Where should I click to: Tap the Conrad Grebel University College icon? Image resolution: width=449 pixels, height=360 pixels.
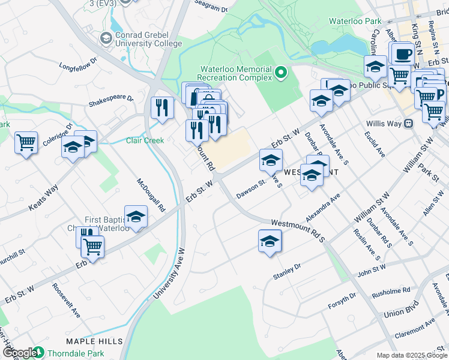(x=107, y=38)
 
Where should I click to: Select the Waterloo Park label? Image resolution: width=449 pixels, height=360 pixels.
(x=355, y=21)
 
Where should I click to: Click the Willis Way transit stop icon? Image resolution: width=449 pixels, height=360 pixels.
(x=409, y=124)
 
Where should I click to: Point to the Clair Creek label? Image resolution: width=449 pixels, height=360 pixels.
(x=145, y=140)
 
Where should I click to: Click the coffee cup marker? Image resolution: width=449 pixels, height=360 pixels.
(x=403, y=53)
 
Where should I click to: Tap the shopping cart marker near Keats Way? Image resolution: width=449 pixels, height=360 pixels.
(x=26, y=143)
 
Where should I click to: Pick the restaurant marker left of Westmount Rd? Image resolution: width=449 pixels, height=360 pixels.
(x=162, y=107)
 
